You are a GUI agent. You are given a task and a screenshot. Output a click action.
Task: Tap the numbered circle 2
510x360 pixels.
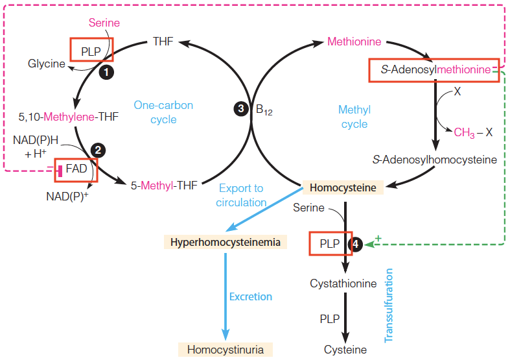(x=98, y=150)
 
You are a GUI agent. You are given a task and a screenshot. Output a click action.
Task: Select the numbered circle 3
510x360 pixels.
(x=240, y=110)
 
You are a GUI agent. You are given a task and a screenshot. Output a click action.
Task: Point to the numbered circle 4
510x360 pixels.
(x=356, y=244)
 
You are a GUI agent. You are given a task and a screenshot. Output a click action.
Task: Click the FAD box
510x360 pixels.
(x=76, y=170)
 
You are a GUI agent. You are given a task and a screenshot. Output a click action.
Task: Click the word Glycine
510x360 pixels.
(x=46, y=64)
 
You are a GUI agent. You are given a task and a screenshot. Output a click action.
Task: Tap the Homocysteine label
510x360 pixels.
(x=343, y=188)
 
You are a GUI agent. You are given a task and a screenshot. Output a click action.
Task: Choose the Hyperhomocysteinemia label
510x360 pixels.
(x=226, y=243)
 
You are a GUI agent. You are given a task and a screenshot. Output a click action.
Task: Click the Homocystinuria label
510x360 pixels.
(x=226, y=350)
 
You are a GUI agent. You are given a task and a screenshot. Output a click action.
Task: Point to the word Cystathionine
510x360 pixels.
(x=343, y=283)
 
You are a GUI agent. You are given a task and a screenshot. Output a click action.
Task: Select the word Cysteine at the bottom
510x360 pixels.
(x=345, y=350)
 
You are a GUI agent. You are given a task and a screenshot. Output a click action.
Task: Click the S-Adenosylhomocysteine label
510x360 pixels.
(x=435, y=160)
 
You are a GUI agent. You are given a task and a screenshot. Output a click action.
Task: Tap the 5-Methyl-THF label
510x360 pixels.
(x=164, y=184)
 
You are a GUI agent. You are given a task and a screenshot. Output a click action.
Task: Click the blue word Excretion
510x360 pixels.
(x=251, y=296)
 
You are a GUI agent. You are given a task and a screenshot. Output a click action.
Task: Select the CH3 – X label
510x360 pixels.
(x=473, y=132)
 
